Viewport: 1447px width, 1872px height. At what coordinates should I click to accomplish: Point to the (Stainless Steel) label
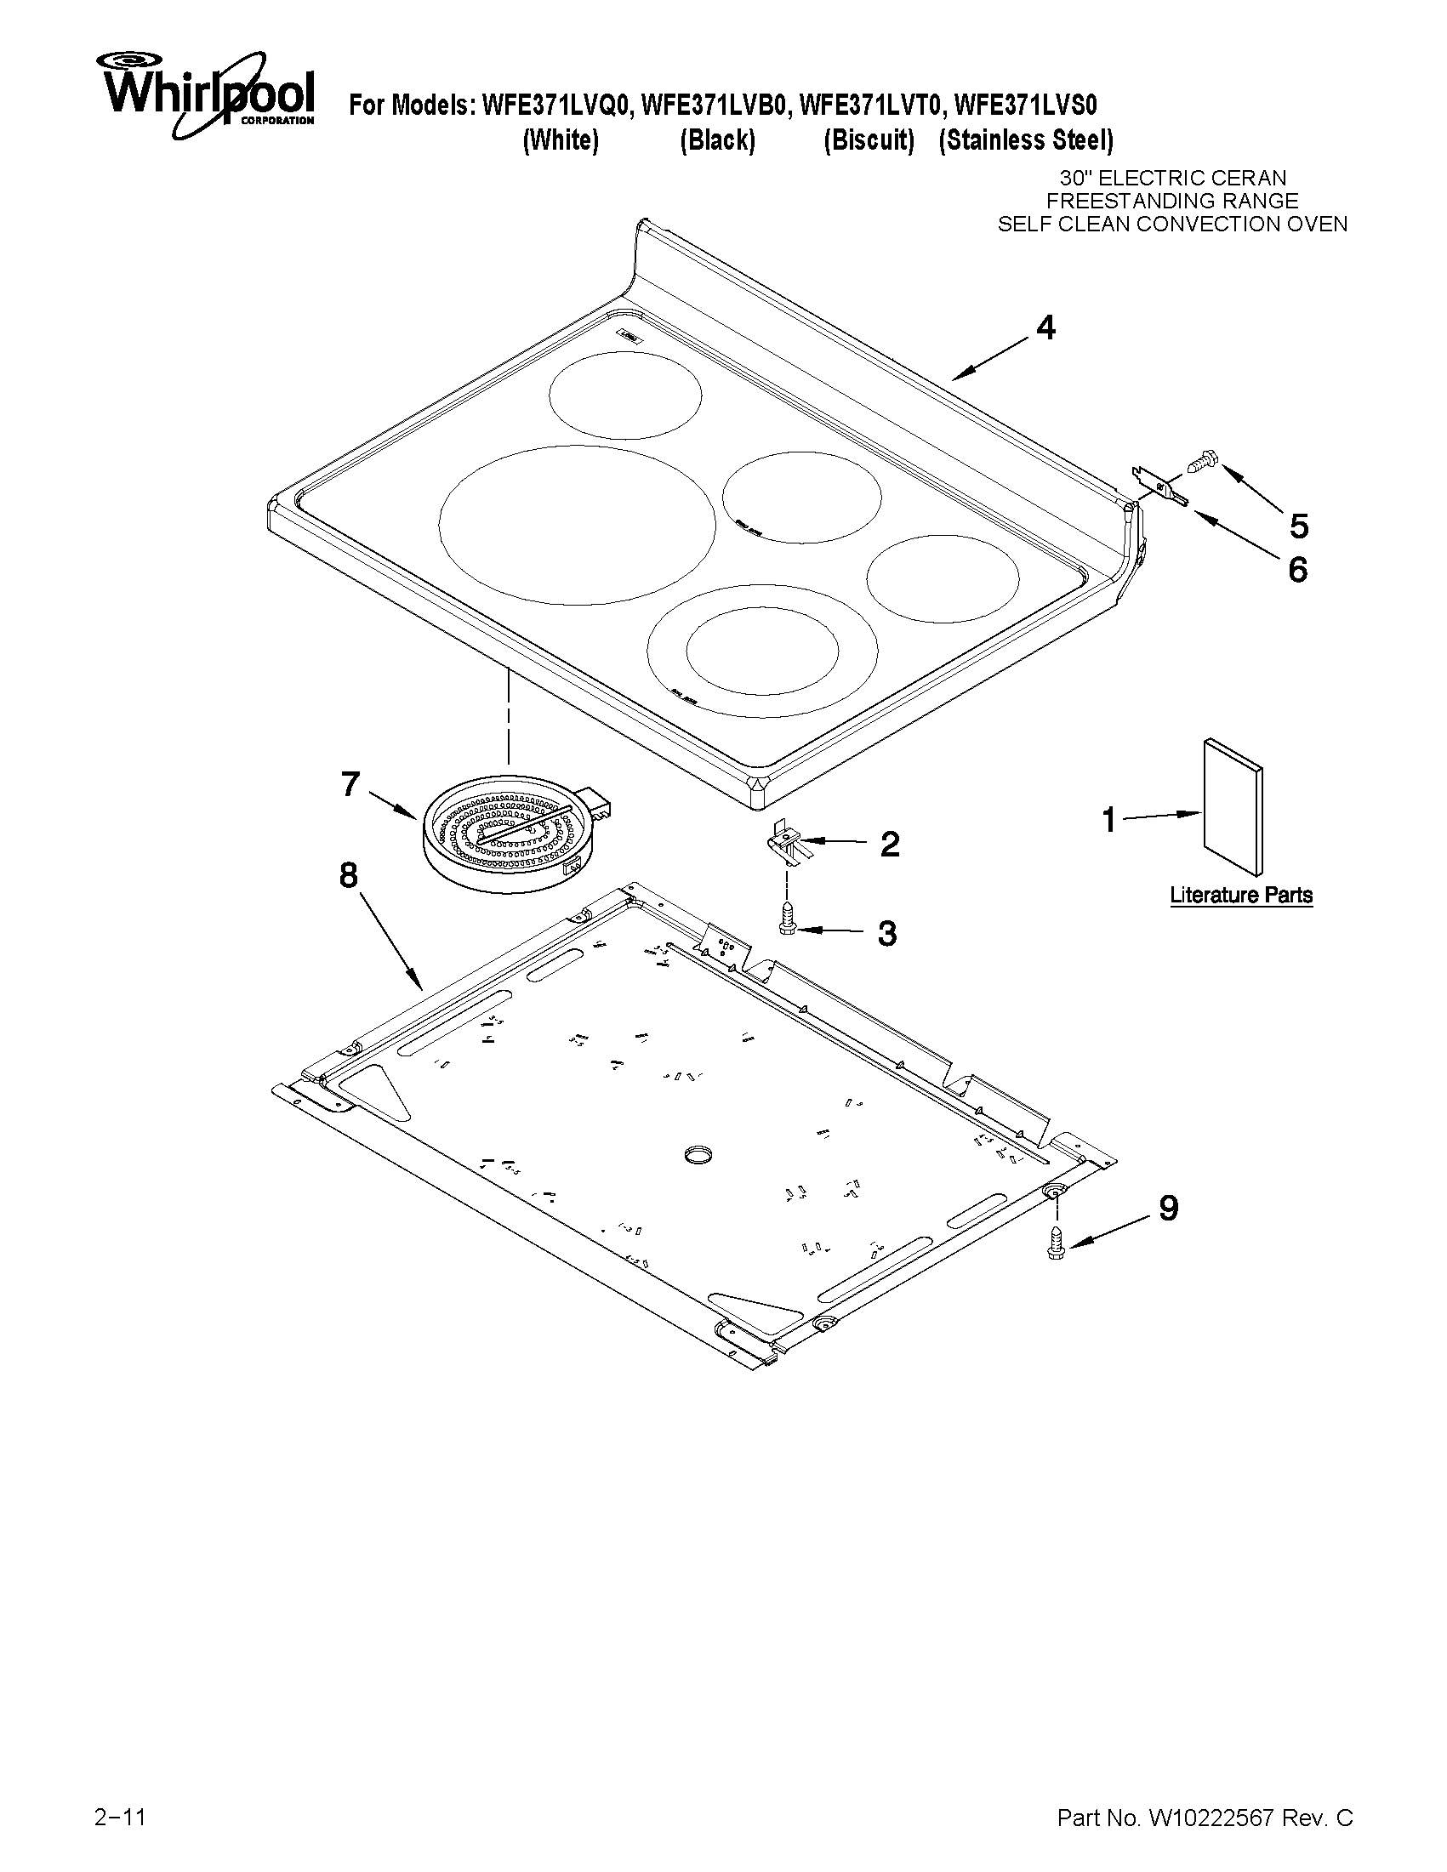1025,140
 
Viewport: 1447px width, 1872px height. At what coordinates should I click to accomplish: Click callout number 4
1045,328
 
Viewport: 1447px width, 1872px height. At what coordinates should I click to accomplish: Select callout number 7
350,783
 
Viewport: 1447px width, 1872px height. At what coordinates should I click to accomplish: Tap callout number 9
1168,1208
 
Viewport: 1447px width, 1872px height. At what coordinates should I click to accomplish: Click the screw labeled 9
1055,1244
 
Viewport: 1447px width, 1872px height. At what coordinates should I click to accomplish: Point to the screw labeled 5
1198,463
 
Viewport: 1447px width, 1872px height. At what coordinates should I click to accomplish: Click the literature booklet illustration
1233,807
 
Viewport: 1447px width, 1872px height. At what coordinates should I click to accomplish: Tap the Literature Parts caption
1241,895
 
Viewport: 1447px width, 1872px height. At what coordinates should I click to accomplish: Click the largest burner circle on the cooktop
577,523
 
